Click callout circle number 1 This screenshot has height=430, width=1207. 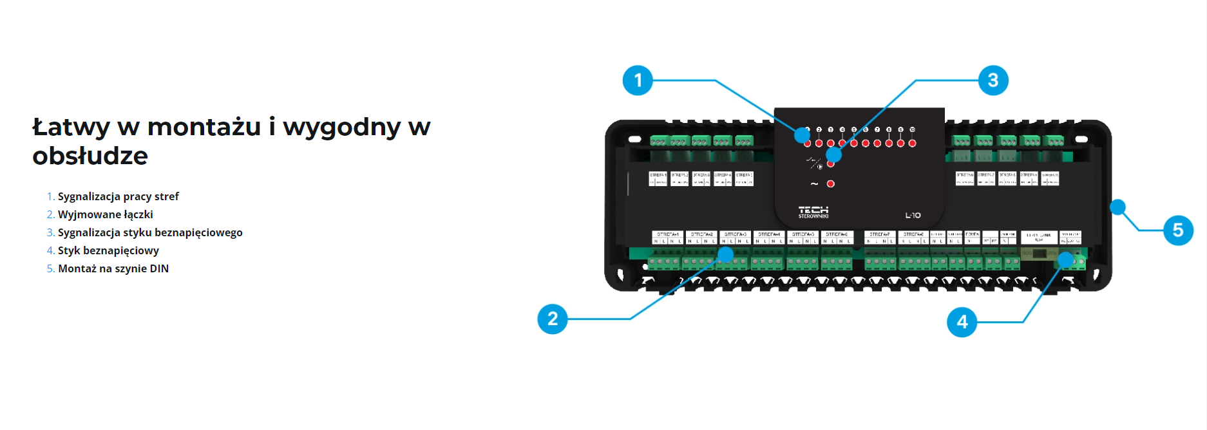click(x=638, y=80)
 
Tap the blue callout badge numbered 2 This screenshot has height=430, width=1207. click(x=552, y=319)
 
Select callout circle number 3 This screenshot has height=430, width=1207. click(x=993, y=80)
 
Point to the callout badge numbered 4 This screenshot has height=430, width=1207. click(x=962, y=322)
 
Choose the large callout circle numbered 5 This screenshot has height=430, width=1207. click(x=1177, y=230)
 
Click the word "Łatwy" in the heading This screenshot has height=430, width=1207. click(x=71, y=127)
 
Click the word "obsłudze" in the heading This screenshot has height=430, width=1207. click(x=90, y=156)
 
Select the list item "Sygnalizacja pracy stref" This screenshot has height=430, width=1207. click(x=118, y=196)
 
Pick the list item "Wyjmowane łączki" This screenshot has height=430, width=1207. click(x=105, y=214)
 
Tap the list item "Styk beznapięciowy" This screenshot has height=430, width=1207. click(x=108, y=250)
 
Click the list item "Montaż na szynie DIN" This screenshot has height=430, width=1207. click(x=113, y=268)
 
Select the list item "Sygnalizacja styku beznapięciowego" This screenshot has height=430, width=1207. click(x=150, y=232)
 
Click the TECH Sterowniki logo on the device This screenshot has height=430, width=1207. click(x=813, y=212)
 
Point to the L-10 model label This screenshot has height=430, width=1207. click(x=913, y=215)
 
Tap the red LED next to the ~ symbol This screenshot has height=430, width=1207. click(x=831, y=184)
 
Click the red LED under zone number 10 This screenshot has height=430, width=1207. click(x=912, y=143)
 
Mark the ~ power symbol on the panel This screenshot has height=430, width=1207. click(x=814, y=184)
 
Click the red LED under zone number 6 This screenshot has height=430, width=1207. click(x=866, y=143)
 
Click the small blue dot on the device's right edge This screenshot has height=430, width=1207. click(x=1117, y=207)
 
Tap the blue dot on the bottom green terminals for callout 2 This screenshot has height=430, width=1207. click(x=726, y=255)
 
